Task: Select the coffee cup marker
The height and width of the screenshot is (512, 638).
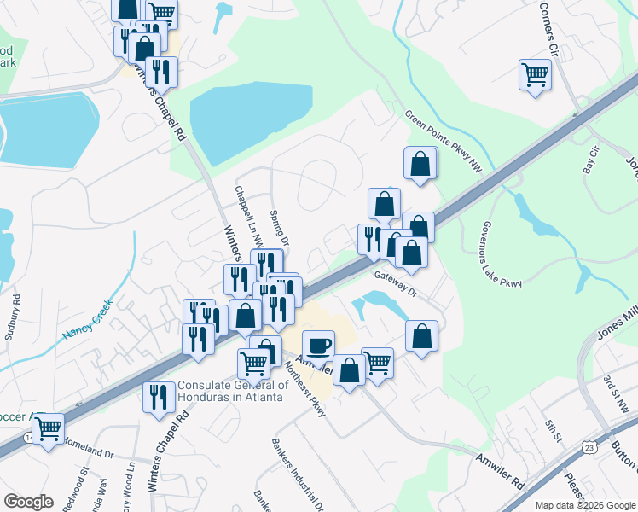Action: point(318,346)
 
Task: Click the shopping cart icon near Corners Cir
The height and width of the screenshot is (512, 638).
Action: point(535,75)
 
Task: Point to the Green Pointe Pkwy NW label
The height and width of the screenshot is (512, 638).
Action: point(444,141)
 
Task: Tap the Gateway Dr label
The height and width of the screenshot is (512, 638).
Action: point(395,283)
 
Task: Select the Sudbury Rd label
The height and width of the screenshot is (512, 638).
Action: point(14,317)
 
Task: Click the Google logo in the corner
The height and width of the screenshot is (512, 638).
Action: point(28,502)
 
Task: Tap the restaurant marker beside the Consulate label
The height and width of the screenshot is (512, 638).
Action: point(159,398)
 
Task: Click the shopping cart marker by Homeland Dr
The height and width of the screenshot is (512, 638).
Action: point(48,428)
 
